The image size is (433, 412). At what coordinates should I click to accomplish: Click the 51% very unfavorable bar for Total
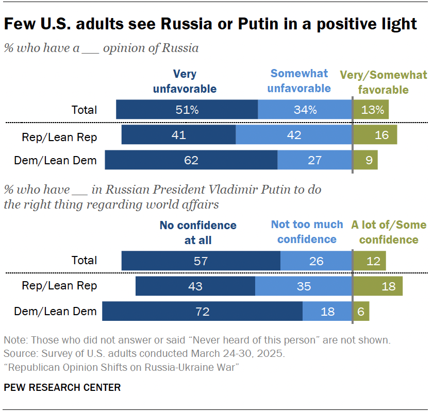point(187,110)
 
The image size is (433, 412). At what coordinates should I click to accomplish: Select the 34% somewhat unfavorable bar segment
point(305,110)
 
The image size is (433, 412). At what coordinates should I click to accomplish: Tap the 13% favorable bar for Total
point(371,110)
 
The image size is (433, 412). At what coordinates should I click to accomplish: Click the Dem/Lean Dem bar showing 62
point(191,160)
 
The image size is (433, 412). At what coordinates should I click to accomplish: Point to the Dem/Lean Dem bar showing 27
point(314,160)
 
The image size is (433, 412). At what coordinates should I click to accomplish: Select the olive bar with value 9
point(365,160)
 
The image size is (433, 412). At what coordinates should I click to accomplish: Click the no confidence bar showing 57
point(201,261)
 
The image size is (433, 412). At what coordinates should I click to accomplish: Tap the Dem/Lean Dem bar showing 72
point(202,311)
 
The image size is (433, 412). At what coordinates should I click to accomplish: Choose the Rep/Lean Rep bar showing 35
point(304,286)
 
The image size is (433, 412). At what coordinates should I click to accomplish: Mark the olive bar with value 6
point(361,311)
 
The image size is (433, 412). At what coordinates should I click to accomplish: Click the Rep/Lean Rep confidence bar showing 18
point(377,286)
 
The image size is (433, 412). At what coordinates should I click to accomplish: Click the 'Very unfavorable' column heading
point(185,81)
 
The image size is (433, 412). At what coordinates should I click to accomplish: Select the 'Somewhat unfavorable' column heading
point(299,81)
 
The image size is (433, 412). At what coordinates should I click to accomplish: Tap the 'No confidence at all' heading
point(198,233)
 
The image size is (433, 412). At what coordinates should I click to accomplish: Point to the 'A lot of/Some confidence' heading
point(389,232)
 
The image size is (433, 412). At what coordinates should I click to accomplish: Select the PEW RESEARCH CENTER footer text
point(62,387)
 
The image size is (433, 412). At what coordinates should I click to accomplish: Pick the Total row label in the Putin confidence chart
point(85,261)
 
